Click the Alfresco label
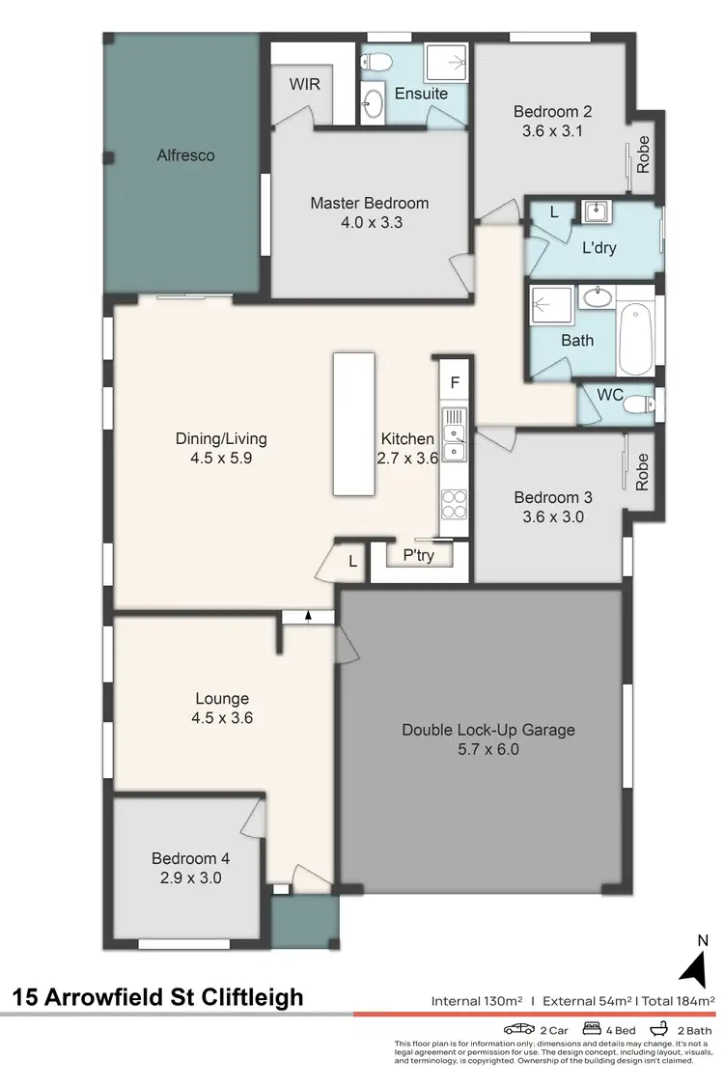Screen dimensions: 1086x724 click(x=185, y=154)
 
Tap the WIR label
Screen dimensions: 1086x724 click(x=304, y=84)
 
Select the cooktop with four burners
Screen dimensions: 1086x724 click(x=454, y=504)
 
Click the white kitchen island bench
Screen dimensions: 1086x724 click(x=353, y=425)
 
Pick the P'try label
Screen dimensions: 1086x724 click(x=418, y=555)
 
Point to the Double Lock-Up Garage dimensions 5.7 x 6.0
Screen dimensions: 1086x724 click(x=487, y=748)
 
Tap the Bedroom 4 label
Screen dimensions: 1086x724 click(x=190, y=857)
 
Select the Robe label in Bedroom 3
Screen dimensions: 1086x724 click(x=642, y=473)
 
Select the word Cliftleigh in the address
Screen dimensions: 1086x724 click(x=246, y=996)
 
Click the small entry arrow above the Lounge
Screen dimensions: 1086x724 click(x=308, y=616)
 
